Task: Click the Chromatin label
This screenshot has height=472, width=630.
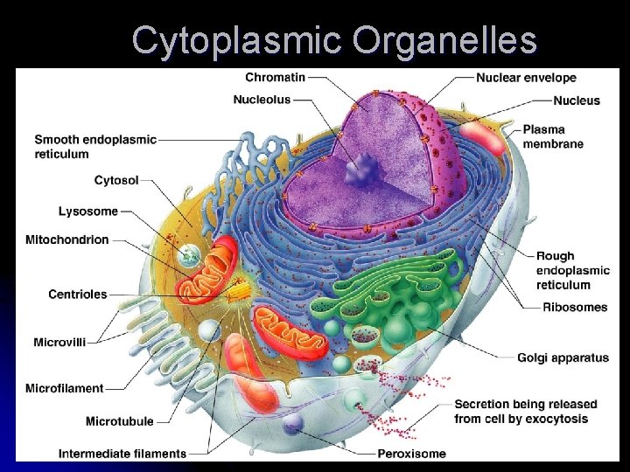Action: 275,77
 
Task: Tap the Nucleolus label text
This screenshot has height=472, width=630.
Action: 262,100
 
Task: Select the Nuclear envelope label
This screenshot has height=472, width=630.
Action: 526,78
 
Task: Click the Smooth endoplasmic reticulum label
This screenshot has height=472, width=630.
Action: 95,147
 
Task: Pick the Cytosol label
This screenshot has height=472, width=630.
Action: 116,181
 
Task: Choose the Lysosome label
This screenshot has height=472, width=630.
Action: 88,212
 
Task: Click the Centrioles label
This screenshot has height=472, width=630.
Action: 78,295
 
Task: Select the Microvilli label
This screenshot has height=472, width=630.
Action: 59,343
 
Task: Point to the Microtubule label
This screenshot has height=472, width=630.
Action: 120,421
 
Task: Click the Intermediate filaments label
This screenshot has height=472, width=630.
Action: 122,454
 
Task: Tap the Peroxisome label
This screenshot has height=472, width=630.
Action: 411,454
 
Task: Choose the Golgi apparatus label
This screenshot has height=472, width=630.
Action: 563,357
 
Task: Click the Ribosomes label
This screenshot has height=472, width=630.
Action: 575,307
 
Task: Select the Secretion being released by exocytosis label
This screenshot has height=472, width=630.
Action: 525,412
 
